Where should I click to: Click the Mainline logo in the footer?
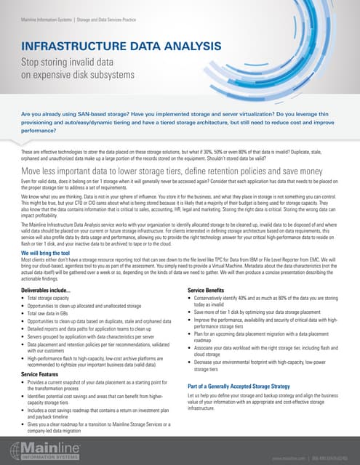44,448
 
